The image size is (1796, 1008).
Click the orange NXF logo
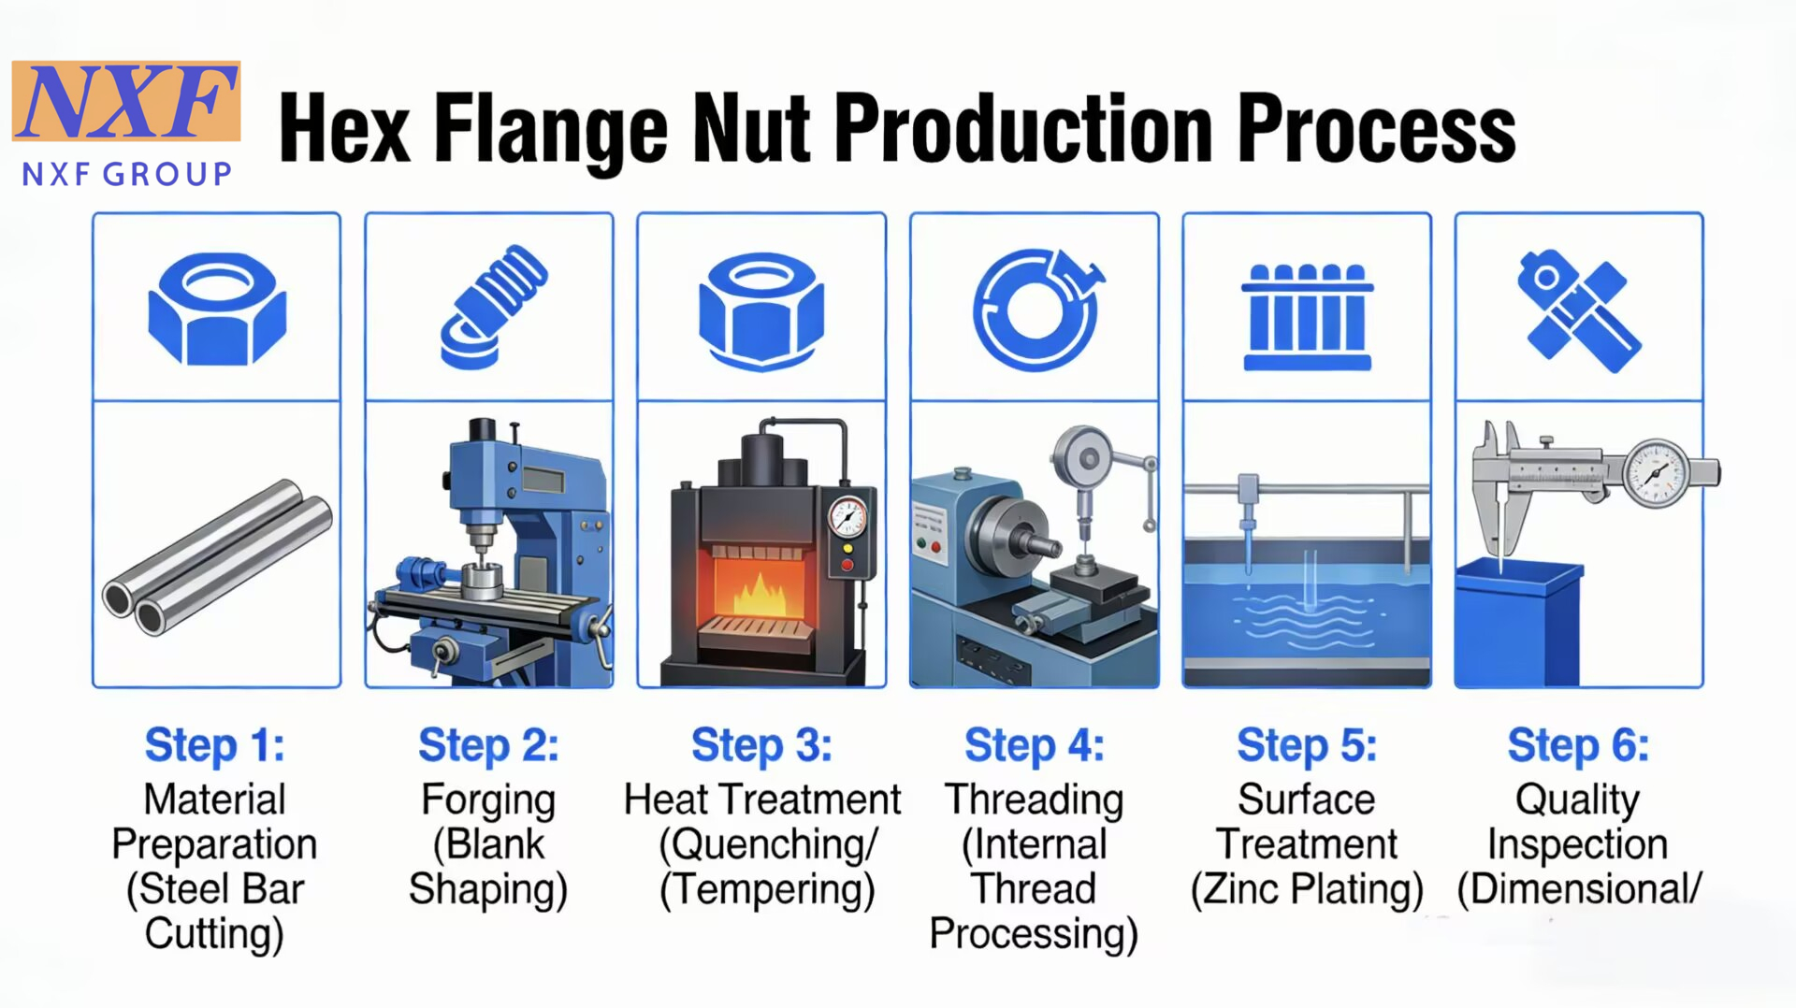[126, 101]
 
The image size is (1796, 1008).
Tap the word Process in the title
[1376, 129]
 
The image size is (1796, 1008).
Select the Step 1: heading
[215, 745]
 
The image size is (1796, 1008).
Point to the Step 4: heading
[1035, 745]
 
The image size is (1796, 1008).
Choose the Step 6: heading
[1578, 745]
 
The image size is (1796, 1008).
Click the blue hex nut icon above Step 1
[217, 309]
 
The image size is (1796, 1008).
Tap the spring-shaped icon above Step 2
[494, 307]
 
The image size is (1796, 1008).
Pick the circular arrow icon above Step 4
[1037, 309]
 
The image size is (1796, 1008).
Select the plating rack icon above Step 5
[1307, 317]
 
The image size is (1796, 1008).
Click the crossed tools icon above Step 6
[1579, 310]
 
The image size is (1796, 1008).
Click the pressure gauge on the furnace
[847, 517]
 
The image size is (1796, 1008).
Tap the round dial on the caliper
[1656, 473]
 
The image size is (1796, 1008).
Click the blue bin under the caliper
[1519, 622]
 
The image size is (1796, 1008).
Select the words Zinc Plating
[1307, 889]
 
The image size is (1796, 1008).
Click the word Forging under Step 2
[488, 800]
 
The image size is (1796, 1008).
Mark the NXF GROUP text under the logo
[127, 174]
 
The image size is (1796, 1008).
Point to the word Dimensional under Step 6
[1580, 889]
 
